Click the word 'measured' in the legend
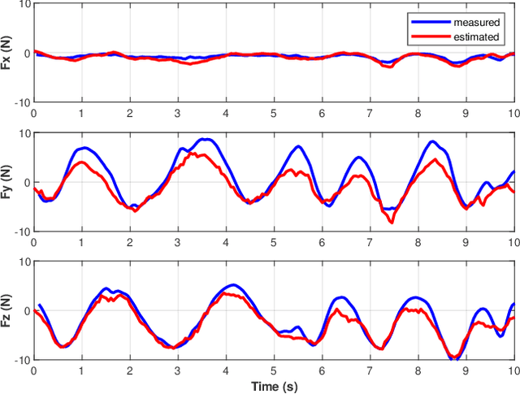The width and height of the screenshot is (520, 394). pos(476,24)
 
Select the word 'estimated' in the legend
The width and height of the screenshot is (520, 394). pos(476,37)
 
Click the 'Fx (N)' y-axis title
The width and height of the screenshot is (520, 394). pos(7,54)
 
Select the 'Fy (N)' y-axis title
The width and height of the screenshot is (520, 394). pos(7,182)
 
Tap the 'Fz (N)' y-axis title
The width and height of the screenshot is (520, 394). pos(7,310)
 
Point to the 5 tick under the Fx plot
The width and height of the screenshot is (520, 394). pos(274,114)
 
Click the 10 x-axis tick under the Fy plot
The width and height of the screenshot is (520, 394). pos(513,242)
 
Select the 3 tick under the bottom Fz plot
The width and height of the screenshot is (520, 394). pos(178,370)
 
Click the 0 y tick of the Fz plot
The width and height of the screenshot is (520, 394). pos(26,310)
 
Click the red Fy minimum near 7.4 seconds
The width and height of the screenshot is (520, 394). pos(392,222)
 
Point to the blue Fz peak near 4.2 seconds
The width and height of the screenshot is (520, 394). pos(233,285)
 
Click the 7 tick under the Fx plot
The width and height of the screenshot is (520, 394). pos(370,114)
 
